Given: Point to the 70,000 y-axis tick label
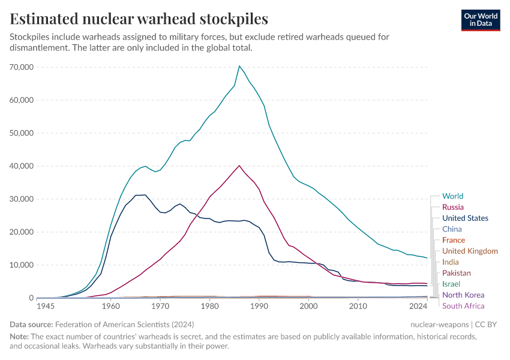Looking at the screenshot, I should point(22,67).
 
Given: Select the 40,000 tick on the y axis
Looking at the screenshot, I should point(22,166).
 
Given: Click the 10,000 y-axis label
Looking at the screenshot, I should point(22,265).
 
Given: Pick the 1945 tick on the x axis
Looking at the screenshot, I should point(46,307).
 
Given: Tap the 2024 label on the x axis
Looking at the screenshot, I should point(418,307).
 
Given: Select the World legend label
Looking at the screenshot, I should point(452,196).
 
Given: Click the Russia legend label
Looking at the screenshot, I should point(452,207).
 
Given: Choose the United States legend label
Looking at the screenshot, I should point(465,218).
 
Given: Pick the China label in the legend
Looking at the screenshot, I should point(452,229).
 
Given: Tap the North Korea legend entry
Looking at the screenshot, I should point(463,295).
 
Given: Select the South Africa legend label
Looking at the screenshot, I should point(463,306).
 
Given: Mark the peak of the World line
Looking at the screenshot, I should point(239,66).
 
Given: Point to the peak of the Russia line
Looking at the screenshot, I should point(239,166).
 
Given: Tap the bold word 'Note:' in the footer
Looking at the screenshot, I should point(20,337).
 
